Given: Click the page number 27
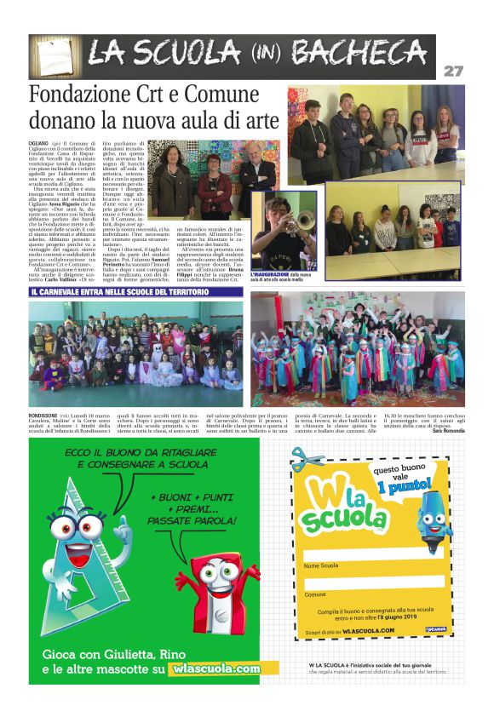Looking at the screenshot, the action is click(x=453, y=72).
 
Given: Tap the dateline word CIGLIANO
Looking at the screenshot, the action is click(x=39, y=145).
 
